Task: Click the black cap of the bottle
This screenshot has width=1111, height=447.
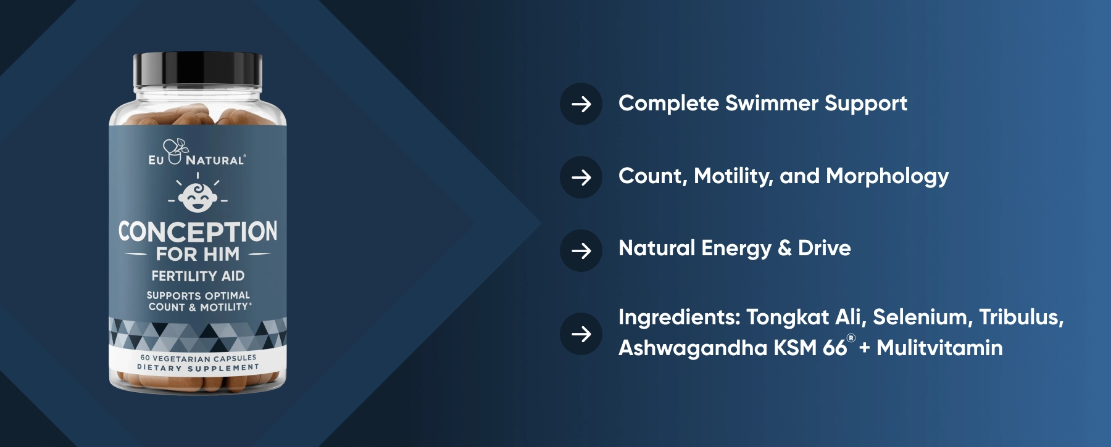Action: click(198, 71)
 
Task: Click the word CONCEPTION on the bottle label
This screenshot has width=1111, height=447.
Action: click(198, 232)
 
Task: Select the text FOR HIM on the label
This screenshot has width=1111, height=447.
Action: click(198, 254)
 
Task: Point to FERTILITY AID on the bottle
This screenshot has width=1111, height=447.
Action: click(198, 276)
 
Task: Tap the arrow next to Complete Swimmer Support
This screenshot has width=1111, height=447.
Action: click(581, 104)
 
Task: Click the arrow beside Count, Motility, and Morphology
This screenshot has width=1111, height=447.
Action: click(581, 178)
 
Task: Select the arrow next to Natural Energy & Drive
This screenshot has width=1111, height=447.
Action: click(581, 250)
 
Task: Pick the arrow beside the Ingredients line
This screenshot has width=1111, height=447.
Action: click(581, 334)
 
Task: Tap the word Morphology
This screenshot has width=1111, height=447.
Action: click(887, 177)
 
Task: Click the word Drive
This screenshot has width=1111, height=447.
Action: click(824, 248)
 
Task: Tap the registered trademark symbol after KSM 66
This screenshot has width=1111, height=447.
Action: click(851, 338)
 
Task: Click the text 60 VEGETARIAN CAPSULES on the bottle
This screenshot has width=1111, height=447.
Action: click(198, 358)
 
